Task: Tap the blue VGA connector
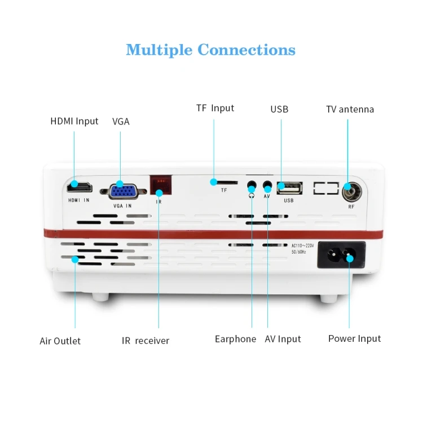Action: (x=121, y=191)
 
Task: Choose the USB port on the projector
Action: (x=289, y=187)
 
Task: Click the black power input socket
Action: (x=342, y=255)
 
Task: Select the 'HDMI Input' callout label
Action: (x=74, y=121)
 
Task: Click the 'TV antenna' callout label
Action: (x=350, y=109)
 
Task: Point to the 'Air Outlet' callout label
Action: (x=60, y=341)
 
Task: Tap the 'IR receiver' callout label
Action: (x=146, y=341)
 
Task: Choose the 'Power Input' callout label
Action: (x=354, y=339)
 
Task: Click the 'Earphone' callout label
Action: (x=235, y=339)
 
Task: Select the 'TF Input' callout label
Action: (x=215, y=108)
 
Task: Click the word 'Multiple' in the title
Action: (x=159, y=50)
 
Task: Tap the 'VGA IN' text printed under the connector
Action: (x=122, y=206)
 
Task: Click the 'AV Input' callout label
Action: (x=283, y=339)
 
